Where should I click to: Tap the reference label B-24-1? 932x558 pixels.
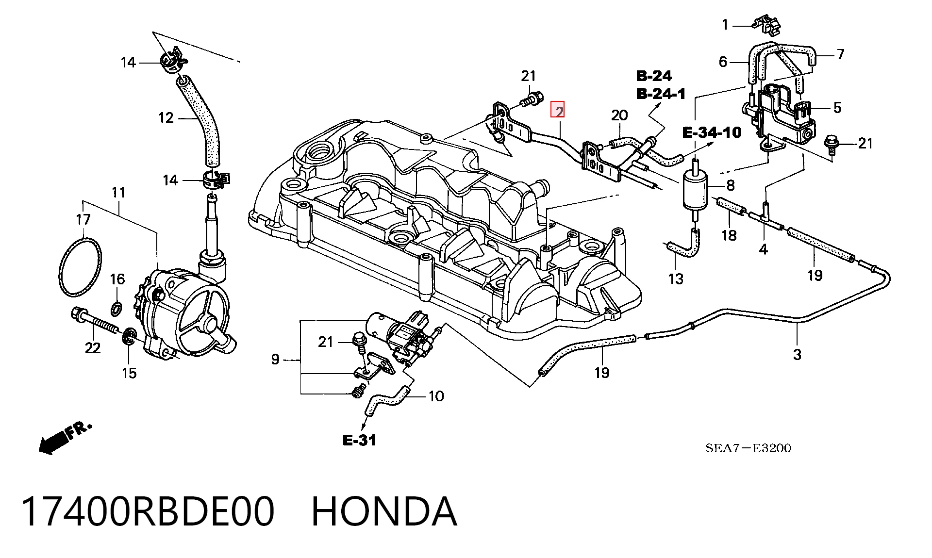point(661,93)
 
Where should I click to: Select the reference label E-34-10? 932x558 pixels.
point(712,132)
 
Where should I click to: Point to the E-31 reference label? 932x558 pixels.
point(359,440)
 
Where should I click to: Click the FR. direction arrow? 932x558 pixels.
point(65,438)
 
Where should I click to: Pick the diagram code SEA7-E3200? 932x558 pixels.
point(748,448)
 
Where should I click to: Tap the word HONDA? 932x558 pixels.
point(383,511)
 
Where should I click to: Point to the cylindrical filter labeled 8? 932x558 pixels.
point(695,189)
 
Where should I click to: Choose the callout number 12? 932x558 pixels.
point(166,118)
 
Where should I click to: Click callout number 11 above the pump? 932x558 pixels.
point(118,192)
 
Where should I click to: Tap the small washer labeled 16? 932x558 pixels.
point(117,307)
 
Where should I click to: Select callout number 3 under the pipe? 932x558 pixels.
point(797,355)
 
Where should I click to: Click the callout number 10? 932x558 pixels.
point(436,396)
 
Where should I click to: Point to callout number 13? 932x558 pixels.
point(676,279)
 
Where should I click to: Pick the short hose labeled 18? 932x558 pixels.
point(731,206)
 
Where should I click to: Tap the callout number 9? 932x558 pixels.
point(275,360)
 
